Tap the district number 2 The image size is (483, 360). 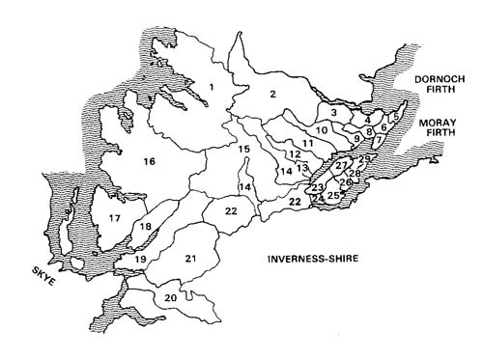click(x=273, y=94)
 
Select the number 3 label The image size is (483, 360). click(x=333, y=113)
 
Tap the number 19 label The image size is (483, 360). click(x=140, y=260)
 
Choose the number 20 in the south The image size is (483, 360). click(x=171, y=298)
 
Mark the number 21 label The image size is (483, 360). click(x=191, y=258)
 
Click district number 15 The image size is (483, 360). click(x=244, y=149)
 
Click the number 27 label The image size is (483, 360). click(x=340, y=166)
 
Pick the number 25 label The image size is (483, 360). click(x=333, y=196)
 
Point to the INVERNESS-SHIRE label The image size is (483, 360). click(x=316, y=261)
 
